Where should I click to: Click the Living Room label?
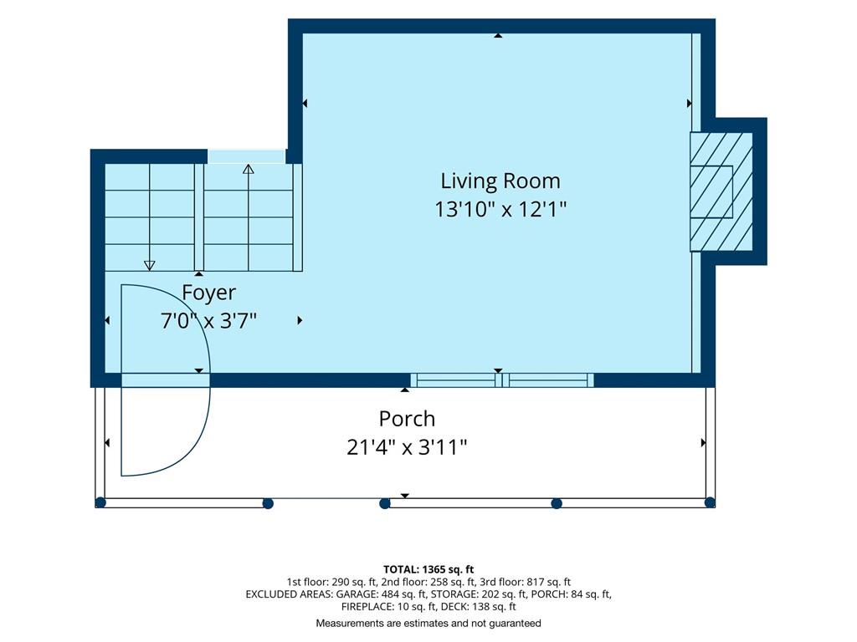[x=500, y=181]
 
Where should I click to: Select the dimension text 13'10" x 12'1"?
[x=500, y=209]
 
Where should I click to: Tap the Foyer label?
[x=208, y=293]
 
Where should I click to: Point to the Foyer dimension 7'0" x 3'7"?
[x=208, y=320]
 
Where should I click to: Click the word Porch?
[x=408, y=420]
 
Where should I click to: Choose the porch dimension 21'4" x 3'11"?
[x=408, y=448]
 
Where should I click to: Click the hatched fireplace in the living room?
[x=721, y=191]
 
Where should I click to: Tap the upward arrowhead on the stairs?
[x=248, y=169]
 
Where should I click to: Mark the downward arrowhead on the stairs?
[x=149, y=265]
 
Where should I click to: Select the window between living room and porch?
[x=502, y=380]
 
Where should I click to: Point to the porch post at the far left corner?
[x=100, y=502]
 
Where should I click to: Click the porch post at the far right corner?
[x=710, y=502]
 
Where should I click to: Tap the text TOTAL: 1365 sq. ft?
[x=428, y=570]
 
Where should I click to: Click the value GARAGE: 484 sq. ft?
[x=381, y=594]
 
